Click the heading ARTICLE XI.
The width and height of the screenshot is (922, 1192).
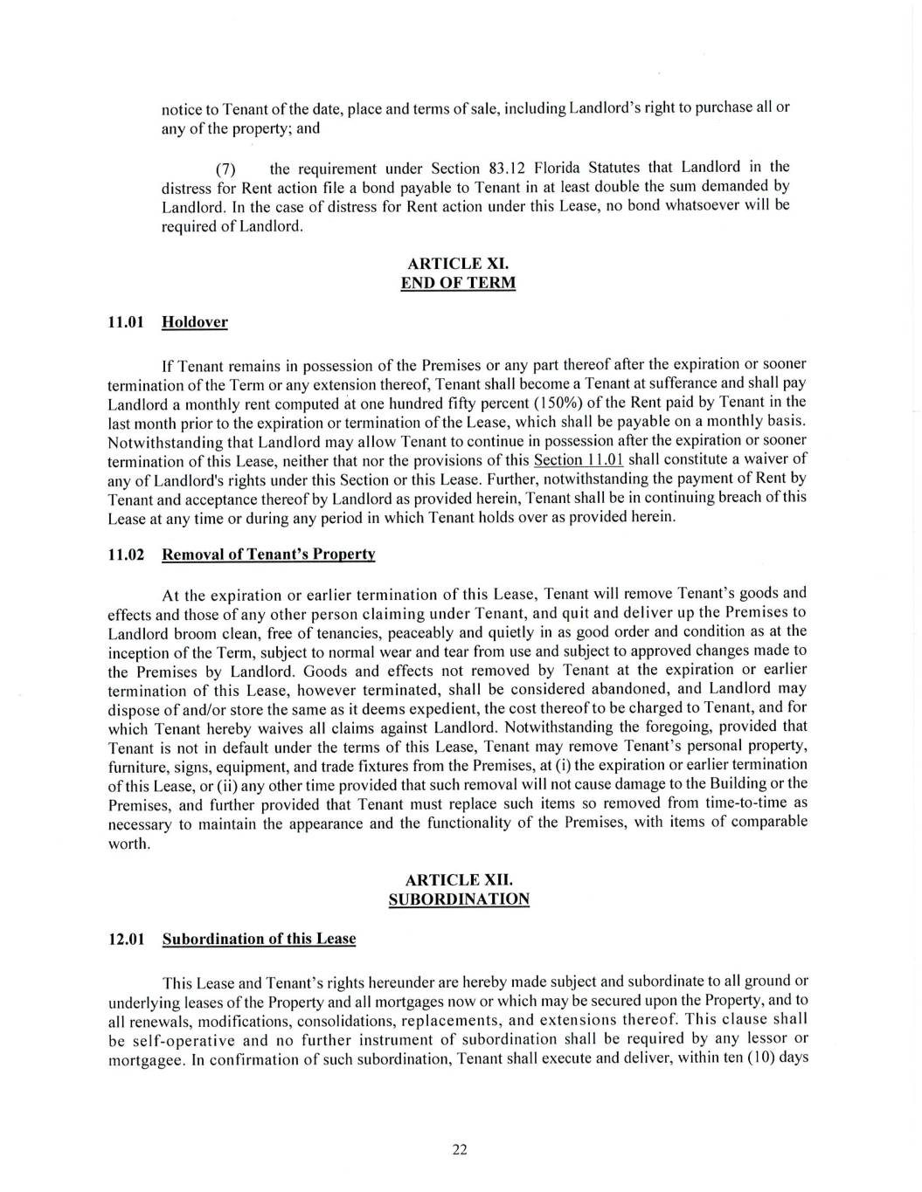pos(458,263)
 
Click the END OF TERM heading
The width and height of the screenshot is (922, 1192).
pos(458,283)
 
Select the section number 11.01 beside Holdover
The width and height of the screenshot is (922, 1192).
pos(125,322)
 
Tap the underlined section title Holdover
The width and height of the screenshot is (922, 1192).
pos(195,322)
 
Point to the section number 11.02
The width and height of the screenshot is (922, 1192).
pos(125,555)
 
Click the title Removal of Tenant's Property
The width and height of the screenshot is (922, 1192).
pos(269,555)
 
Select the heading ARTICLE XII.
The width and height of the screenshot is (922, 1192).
pos(458,880)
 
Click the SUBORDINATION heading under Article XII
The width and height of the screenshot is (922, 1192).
pos(458,899)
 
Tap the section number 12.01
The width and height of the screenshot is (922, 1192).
pos(125,939)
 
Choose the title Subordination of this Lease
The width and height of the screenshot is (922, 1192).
pos(260,939)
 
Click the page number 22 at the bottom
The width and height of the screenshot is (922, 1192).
pos(460,1150)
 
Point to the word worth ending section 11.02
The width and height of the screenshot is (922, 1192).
pos(128,844)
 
